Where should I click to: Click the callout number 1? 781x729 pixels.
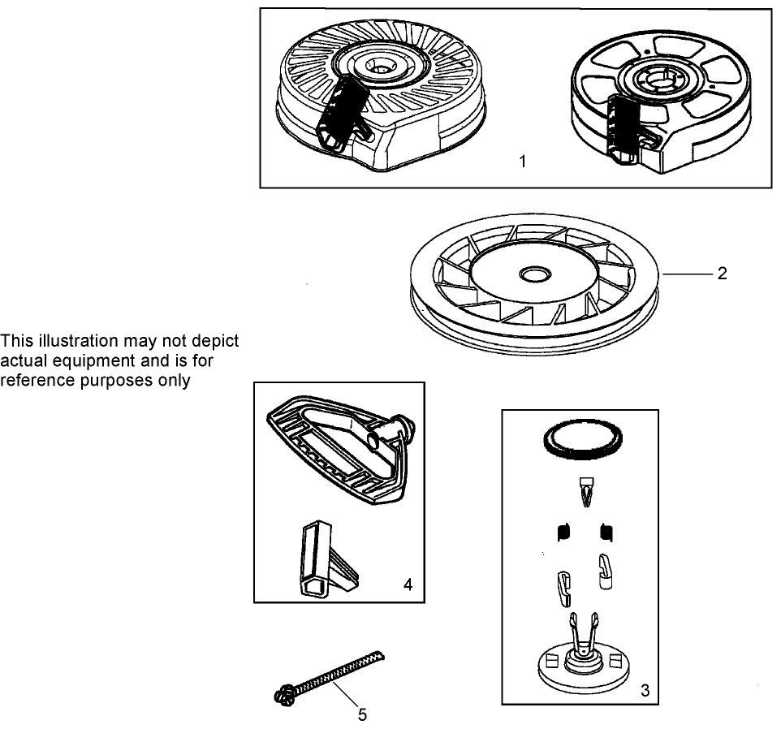click(523, 162)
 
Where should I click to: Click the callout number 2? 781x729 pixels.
click(723, 273)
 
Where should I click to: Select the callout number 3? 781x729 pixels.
click(645, 690)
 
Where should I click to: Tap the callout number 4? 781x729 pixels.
click(408, 584)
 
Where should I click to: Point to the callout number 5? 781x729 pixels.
click(363, 714)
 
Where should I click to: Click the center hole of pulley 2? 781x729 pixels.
click(535, 274)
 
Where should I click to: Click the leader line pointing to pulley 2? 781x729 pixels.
click(686, 274)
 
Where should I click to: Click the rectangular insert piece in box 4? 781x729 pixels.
click(326, 559)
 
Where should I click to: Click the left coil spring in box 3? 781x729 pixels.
click(563, 533)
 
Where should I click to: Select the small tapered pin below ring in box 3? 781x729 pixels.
click(587, 492)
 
